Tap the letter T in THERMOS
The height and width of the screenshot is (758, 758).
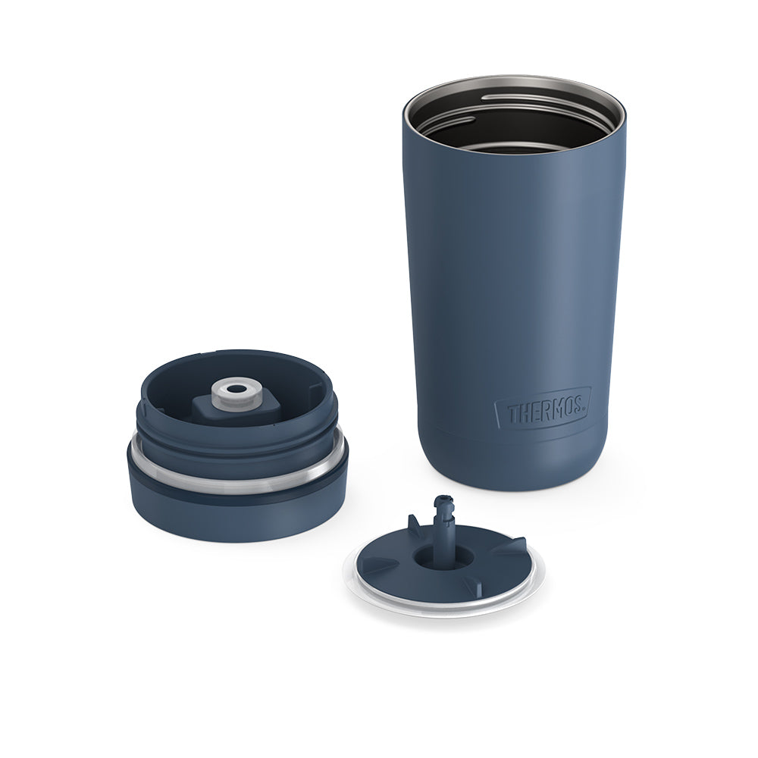[x=512, y=415]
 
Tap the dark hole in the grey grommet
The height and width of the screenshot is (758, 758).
[x=236, y=389]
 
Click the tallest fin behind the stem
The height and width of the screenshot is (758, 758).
[x=415, y=525]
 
